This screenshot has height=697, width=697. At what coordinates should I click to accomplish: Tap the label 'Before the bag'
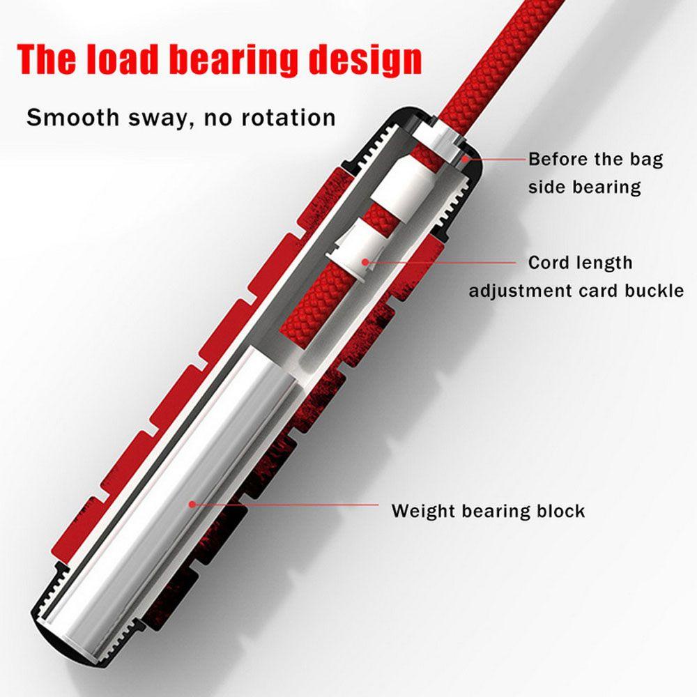(595, 159)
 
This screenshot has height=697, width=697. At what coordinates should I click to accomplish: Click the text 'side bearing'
(584, 187)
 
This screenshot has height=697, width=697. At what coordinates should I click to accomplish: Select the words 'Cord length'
(580, 263)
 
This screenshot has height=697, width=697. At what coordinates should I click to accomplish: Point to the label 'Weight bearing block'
(488, 510)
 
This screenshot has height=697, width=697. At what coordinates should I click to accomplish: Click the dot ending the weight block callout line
(191, 503)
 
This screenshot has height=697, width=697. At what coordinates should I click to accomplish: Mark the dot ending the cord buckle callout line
(363, 262)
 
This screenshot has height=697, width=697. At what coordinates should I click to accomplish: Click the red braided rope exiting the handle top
(488, 56)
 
